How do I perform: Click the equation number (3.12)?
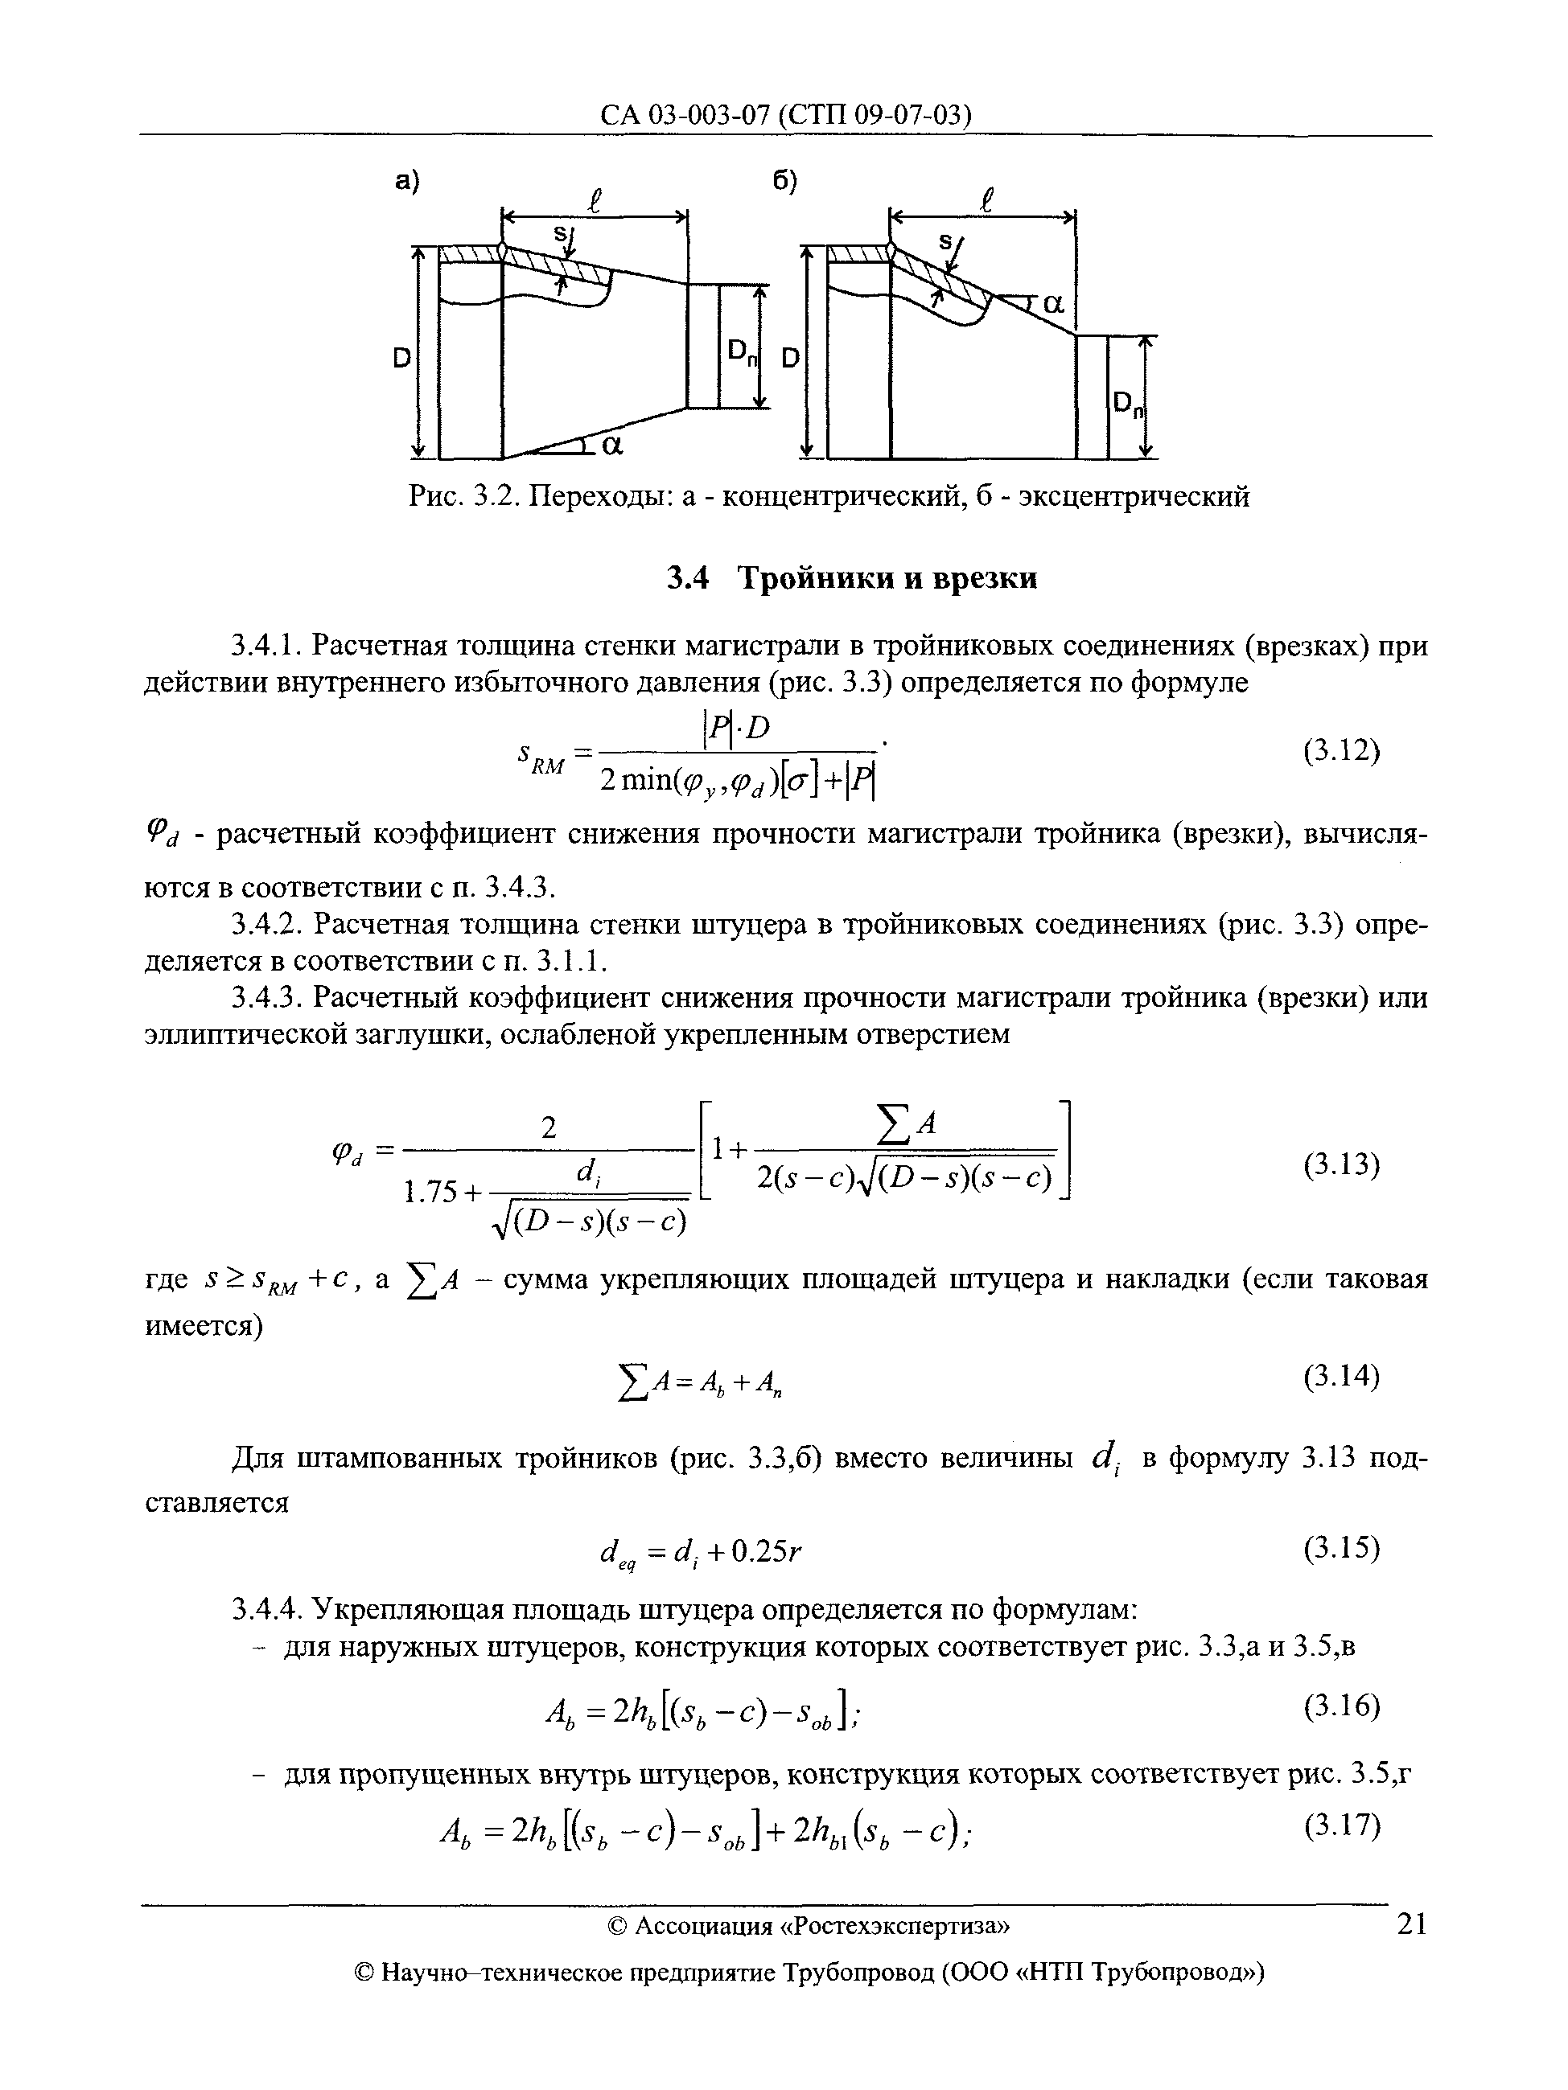1341,752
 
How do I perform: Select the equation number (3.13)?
1341,1165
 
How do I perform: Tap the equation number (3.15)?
1341,1548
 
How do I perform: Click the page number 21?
1411,1924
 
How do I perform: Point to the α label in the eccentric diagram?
1052,304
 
